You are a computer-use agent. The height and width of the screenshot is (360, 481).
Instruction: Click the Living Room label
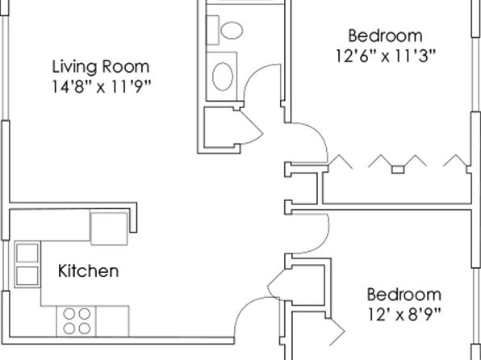click(101, 67)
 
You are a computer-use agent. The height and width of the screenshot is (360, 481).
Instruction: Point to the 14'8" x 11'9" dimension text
click(101, 87)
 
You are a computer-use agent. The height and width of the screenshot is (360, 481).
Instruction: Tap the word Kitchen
click(88, 271)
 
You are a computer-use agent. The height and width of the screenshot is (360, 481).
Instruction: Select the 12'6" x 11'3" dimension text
click(386, 56)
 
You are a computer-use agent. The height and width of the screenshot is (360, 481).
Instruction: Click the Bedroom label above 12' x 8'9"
click(404, 295)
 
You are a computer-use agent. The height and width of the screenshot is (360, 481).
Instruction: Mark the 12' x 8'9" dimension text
click(404, 314)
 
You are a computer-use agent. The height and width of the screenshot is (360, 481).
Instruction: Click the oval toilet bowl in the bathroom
click(232, 30)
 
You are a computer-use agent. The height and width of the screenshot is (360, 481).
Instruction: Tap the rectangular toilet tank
click(212, 30)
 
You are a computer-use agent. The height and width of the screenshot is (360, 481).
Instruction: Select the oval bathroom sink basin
click(223, 77)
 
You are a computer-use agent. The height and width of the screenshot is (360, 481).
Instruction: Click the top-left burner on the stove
click(69, 314)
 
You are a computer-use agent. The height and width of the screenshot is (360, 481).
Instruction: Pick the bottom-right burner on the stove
click(85, 329)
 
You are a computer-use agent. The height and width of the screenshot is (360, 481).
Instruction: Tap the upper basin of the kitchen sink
click(27, 253)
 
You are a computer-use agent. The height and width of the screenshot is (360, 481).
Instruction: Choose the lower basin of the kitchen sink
click(27, 275)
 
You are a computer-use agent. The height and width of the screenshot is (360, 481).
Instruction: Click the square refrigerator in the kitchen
click(109, 228)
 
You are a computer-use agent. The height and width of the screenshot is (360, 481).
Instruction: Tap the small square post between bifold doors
click(398, 170)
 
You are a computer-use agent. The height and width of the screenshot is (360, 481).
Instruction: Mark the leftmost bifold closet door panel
click(341, 161)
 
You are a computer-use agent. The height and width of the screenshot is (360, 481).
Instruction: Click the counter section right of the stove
click(112, 321)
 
